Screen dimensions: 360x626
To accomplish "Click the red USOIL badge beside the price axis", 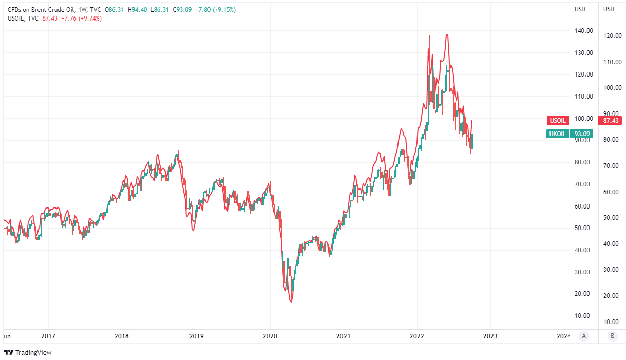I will coord(558,121).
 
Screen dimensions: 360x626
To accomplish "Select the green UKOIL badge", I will coord(558,134).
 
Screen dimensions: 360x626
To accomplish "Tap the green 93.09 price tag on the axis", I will coord(582,134).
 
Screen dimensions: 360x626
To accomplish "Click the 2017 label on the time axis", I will coord(48,336).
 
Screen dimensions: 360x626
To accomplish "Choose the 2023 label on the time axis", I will coord(490,336).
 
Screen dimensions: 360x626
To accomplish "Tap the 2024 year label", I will coord(563,336).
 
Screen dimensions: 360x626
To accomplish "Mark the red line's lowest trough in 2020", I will coord(291,302).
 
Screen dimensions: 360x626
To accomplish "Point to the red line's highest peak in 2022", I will coord(447,35).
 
